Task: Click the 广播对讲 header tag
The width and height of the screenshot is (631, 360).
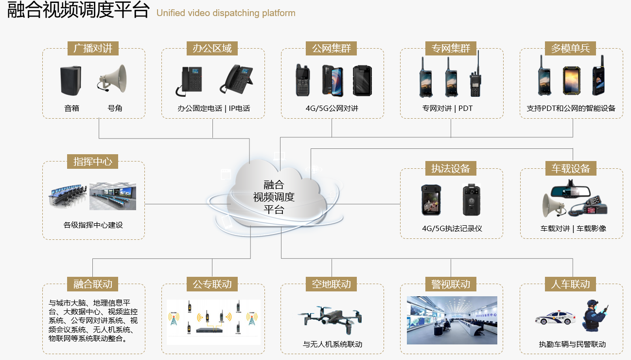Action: coord(93,48)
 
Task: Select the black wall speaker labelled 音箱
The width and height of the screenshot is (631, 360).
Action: coord(71,80)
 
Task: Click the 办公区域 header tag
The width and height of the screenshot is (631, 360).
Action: coord(212,48)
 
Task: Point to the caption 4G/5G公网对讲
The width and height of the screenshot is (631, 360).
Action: coord(332,108)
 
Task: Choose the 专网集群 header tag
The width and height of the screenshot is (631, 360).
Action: coord(451,48)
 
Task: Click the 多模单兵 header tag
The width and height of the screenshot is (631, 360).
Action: coord(570,48)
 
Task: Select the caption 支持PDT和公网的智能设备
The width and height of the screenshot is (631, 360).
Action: coord(571,108)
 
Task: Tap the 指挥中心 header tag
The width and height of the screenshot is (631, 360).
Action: coord(93,162)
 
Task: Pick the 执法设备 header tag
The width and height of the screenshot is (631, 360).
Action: coord(451,168)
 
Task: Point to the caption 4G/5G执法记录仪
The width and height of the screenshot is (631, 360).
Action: coord(452,229)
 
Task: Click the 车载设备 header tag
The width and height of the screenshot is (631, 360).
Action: coord(570,168)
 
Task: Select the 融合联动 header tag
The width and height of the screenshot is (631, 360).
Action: coord(93,284)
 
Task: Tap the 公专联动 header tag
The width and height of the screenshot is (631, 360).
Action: coord(212,284)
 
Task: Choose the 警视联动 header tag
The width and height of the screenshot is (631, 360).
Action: coord(451,284)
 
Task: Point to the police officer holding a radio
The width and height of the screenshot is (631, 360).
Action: coord(594,316)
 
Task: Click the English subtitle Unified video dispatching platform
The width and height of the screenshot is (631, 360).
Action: coord(226,13)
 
